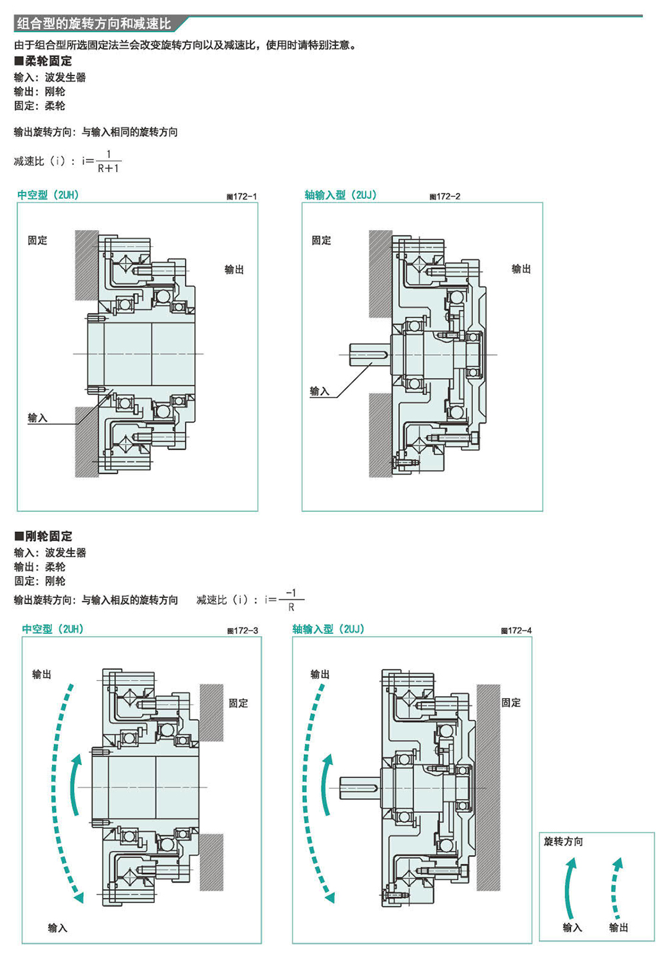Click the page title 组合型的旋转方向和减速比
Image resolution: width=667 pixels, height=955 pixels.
coord(94,24)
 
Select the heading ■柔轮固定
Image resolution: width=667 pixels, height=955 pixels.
coord(43,61)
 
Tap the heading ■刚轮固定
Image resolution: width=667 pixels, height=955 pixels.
coord(43,536)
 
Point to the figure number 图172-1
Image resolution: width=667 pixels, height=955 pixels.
coord(241,197)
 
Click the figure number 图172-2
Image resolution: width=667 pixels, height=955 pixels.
coord(445,197)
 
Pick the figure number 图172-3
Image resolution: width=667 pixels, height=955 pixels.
coord(243,631)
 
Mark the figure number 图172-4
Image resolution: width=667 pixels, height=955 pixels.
coord(516,631)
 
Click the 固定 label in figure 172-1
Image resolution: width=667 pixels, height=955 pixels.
coord(37,240)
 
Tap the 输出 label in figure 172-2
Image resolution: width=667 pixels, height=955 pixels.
coord(521,269)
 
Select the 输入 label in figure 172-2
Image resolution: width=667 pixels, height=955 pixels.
coord(319,391)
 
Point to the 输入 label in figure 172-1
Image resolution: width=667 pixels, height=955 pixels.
coord(37,418)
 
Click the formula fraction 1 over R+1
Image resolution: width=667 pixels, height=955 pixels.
coord(108,161)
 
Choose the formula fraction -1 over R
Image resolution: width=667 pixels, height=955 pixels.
coord(291,600)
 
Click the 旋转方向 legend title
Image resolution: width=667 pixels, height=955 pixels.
coord(564,841)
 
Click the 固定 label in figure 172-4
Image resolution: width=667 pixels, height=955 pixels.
coord(511,702)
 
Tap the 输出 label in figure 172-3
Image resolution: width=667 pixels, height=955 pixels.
coord(42,674)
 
